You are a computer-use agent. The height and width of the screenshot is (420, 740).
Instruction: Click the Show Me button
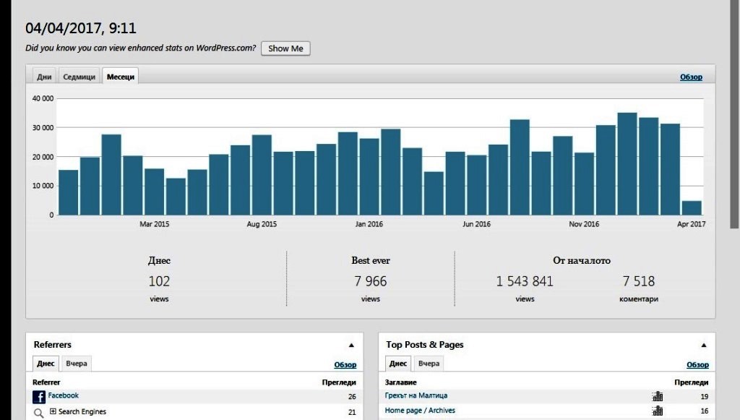tap(285, 48)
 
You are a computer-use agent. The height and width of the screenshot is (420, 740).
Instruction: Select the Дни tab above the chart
tap(44, 77)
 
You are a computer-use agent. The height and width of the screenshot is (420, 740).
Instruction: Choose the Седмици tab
tap(79, 77)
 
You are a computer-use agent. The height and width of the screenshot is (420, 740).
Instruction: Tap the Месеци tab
tap(121, 77)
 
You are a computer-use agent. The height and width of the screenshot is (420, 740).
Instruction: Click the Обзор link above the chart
tap(691, 77)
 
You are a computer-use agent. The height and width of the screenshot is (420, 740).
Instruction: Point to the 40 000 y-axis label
tap(43, 98)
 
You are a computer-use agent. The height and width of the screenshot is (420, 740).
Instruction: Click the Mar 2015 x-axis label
tap(155, 224)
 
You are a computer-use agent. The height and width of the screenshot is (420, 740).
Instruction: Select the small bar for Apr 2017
tap(692, 208)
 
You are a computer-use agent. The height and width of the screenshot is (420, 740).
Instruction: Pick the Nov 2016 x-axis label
tap(584, 224)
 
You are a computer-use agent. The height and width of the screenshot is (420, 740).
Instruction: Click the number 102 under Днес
tap(159, 281)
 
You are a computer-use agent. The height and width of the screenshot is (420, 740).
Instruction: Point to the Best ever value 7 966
tap(371, 281)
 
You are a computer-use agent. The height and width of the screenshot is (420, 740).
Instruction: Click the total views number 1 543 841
tap(525, 281)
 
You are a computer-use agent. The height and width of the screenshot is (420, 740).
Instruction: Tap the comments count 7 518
tap(639, 281)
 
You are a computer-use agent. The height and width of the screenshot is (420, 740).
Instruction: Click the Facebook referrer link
tap(64, 395)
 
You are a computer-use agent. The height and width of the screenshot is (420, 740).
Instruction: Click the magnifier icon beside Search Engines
tap(39, 413)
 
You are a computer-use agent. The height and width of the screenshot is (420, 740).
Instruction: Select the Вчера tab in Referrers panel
tap(77, 364)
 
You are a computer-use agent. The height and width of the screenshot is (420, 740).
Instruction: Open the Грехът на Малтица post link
tap(416, 395)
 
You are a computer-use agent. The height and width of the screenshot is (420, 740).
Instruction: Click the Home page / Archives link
tap(420, 411)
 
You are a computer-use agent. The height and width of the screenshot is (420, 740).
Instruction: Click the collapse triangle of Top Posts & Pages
tap(704, 345)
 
